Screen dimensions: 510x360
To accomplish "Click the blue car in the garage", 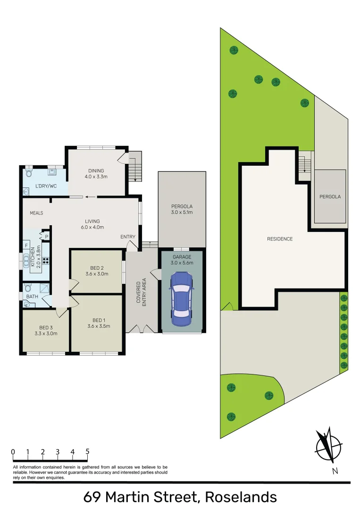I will click(x=182, y=300).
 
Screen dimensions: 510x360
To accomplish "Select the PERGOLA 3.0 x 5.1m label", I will click(x=182, y=209).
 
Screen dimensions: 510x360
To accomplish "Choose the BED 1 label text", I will click(x=99, y=323).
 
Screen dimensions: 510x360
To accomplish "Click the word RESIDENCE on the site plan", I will click(x=280, y=239).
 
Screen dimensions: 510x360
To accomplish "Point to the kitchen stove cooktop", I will click(x=46, y=260).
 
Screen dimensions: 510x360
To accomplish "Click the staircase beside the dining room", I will click(x=136, y=166).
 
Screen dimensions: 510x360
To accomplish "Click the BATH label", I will click(x=32, y=297).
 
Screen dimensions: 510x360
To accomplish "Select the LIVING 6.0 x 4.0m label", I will click(x=92, y=224).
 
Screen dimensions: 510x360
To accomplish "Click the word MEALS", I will click(x=36, y=213).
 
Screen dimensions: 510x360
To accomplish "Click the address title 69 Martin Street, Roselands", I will click(x=180, y=497).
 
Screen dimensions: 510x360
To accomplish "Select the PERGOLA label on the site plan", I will click(x=330, y=196).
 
